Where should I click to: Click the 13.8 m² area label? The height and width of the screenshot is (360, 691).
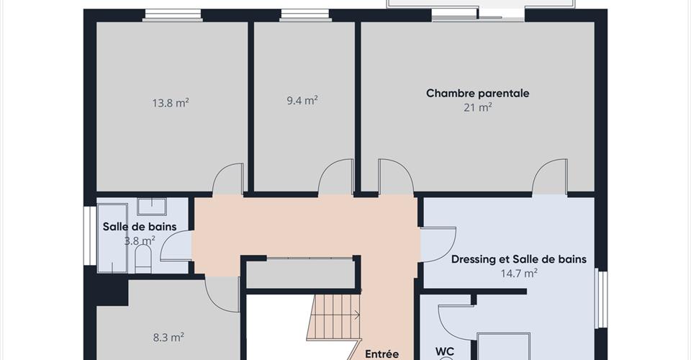click(171, 103)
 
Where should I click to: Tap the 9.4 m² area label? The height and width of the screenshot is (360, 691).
click(302, 101)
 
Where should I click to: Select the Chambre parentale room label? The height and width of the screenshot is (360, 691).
click(478, 94)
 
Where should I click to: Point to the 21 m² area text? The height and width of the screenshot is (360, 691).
click(478, 107)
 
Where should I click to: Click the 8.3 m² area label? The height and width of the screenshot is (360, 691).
click(168, 338)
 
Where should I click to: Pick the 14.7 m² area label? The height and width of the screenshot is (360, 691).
click(519, 273)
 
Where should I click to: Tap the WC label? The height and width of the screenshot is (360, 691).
click(445, 351)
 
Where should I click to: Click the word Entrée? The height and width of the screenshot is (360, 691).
click(382, 354)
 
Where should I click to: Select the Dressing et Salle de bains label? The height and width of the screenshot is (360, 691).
click(519, 259)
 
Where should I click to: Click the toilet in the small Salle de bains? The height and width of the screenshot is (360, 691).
click(143, 258)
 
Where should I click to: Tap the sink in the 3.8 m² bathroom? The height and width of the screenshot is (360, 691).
click(152, 207)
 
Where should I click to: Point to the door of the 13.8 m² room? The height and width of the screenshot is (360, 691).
click(228, 179)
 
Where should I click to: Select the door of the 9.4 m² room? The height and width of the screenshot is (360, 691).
click(336, 177)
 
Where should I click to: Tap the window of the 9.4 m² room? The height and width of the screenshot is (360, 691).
click(305, 15)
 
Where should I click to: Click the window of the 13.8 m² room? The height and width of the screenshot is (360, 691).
click(173, 15)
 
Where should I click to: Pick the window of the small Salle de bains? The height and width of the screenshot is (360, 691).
click(90, 235)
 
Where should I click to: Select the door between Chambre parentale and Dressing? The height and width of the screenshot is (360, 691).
click(549, 177)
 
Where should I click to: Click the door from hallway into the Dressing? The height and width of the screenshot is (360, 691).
click(438, 245)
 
